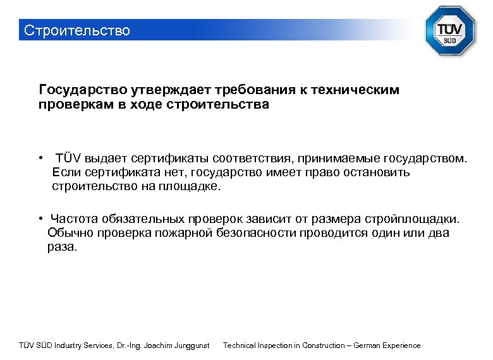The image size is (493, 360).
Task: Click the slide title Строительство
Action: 76,30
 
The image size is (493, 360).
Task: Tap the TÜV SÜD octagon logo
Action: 449,31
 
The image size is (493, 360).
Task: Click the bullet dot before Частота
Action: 39,219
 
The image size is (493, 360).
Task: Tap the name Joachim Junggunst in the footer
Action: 178,345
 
